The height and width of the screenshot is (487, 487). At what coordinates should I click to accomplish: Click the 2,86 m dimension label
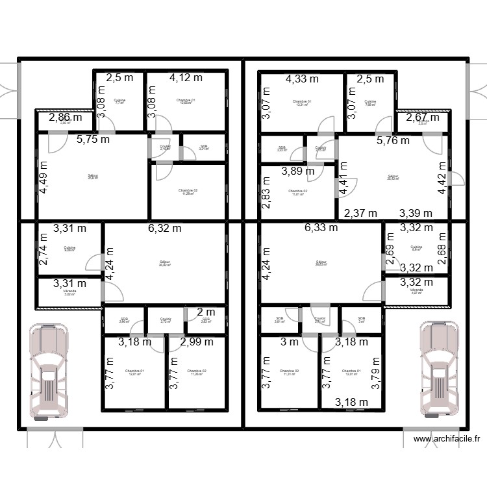(64, 118)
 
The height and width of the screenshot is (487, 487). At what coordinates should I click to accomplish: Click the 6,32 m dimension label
(164, 228)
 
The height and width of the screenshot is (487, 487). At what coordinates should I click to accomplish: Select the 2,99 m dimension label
(197, 342)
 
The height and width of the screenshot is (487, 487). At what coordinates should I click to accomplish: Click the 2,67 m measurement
(423, 118)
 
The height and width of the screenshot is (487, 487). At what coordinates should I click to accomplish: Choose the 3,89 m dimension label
(297, 171)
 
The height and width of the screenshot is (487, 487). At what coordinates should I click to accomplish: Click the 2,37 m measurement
(360, 213)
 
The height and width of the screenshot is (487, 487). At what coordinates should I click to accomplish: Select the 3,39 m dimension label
(416, 213)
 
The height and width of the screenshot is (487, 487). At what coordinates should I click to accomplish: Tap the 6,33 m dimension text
(321, 228)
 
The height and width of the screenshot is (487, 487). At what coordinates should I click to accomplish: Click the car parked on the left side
(47, 371)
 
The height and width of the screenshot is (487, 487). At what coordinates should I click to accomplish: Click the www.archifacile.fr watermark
(446, 439)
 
